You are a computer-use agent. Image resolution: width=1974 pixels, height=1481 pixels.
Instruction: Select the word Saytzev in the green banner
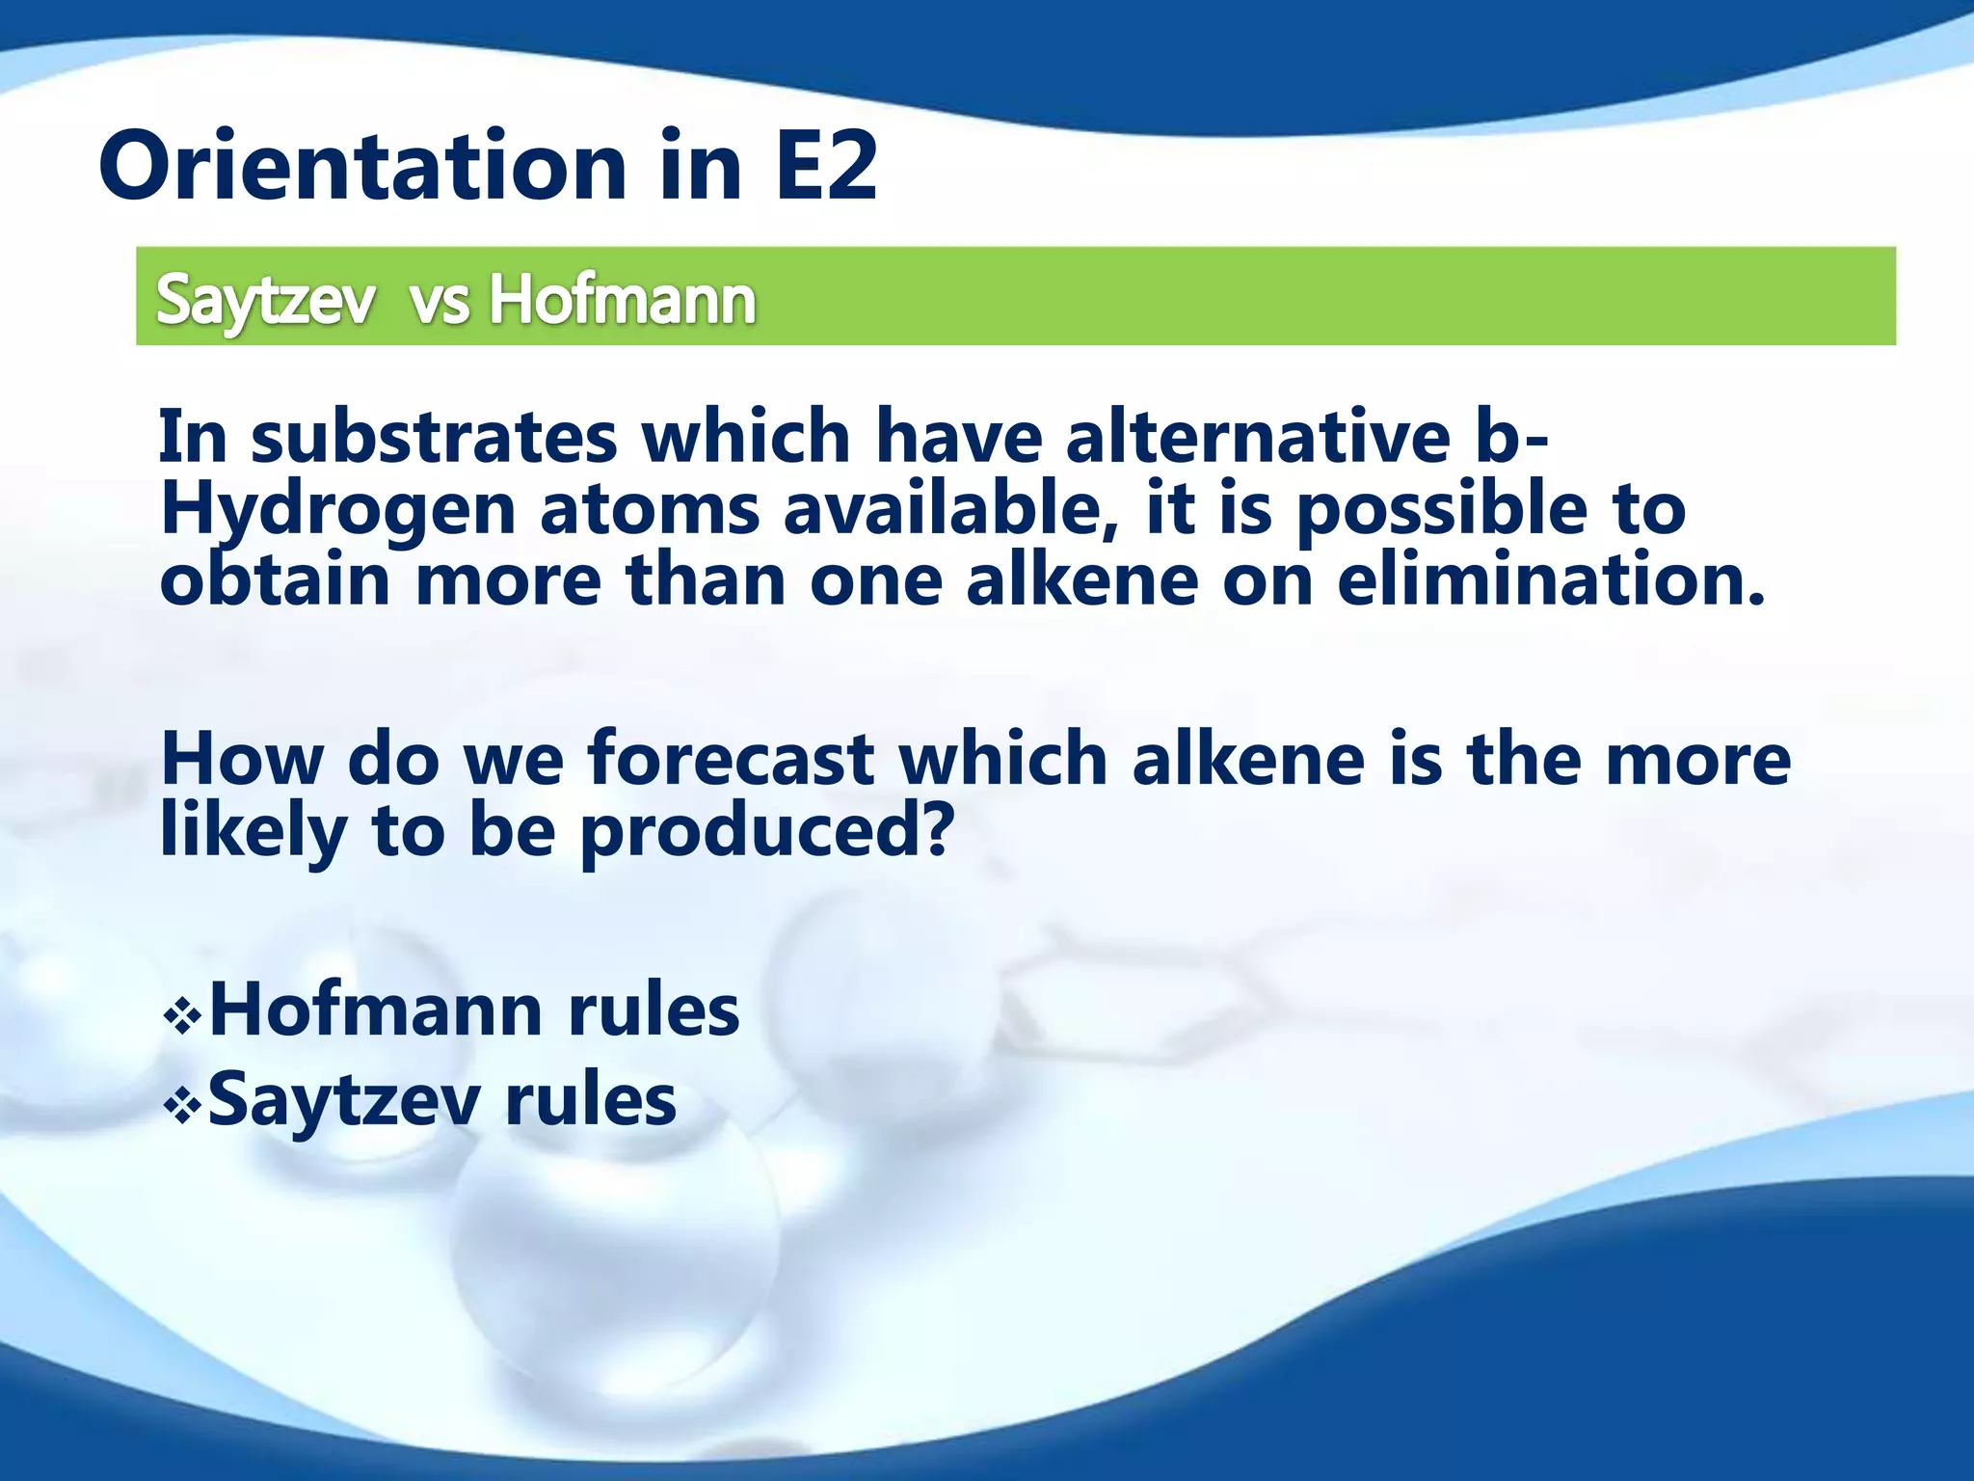(x=265, y=300)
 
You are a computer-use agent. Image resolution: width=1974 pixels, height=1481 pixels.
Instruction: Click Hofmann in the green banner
(x=622, y=300)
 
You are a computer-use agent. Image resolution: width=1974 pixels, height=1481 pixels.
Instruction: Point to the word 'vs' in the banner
(x=440, y=302)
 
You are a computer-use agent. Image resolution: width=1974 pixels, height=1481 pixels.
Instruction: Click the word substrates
(x=434, y=437)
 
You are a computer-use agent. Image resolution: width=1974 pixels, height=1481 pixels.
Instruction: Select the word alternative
(x=1258, y=437)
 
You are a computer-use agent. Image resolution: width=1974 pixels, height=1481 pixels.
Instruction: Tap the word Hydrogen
(x=337, y=510)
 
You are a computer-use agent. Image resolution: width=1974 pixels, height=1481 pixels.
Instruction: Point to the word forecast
(x=732, y=759)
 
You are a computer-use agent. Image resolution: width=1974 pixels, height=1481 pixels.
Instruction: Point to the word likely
(x=253, y=831)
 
